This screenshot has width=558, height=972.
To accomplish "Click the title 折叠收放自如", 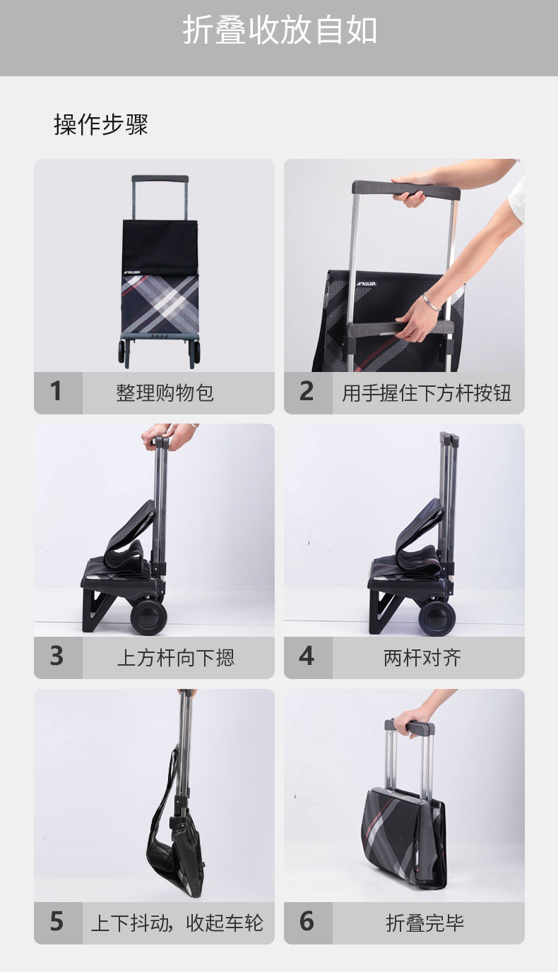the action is [279, 30].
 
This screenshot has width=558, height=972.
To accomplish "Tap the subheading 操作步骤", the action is [101, 124].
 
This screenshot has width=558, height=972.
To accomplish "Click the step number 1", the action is [56, 391].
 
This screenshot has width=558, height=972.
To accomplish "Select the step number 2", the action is [307, 391].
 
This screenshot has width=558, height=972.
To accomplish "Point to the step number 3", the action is [57, 656].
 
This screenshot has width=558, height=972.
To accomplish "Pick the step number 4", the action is [307, 656].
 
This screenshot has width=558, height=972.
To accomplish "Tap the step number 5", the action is [57, 921].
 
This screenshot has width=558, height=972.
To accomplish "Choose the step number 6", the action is [307, 921].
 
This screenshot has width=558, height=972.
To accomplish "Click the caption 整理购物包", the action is [165, 392].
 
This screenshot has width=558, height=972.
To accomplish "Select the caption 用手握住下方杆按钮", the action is [427, 392].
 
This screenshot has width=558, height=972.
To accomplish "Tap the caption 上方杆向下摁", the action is [176, 657].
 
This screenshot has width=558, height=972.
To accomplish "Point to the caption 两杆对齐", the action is [422, 657].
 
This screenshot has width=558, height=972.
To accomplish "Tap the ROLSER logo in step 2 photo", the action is [366, 283].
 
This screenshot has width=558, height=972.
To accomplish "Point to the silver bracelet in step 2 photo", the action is [432, 301].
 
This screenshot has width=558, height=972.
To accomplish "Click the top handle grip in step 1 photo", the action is [160, 179].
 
